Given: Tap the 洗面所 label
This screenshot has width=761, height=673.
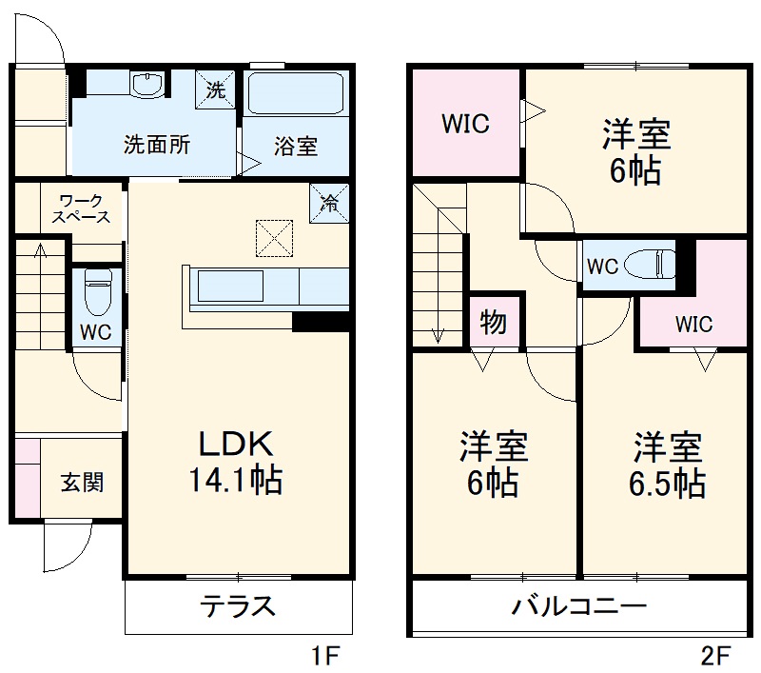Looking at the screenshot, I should pyautogui.click(x=157, y=146).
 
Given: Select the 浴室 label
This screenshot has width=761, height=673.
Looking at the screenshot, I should pyautogui.click(x=296, y=147).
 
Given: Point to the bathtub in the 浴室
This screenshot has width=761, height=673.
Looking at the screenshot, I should pyautogui.click(x=296, y=93).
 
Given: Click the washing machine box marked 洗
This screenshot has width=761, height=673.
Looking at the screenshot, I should pyautogui.click(x=216, y=90).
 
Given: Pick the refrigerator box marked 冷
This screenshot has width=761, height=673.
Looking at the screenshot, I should pyautogui.click(x=328, y=202).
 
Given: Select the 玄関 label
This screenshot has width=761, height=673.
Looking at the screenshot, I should pyautogui.click(x=83, y=482).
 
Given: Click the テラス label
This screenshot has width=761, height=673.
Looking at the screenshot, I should pyautogui.click(x=237, y=605).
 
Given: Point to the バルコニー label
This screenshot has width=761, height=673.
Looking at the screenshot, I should pyautogui.click(x=579, y=605).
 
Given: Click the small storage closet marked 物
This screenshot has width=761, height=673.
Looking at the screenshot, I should pyautogui.click(x=493, y=323).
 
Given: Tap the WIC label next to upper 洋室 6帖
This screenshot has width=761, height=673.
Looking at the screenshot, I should pyautogui.click(x=465, y=124).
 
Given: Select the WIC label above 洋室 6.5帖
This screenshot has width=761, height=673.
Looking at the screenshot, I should pyautogui.click(x=693, y=324).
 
